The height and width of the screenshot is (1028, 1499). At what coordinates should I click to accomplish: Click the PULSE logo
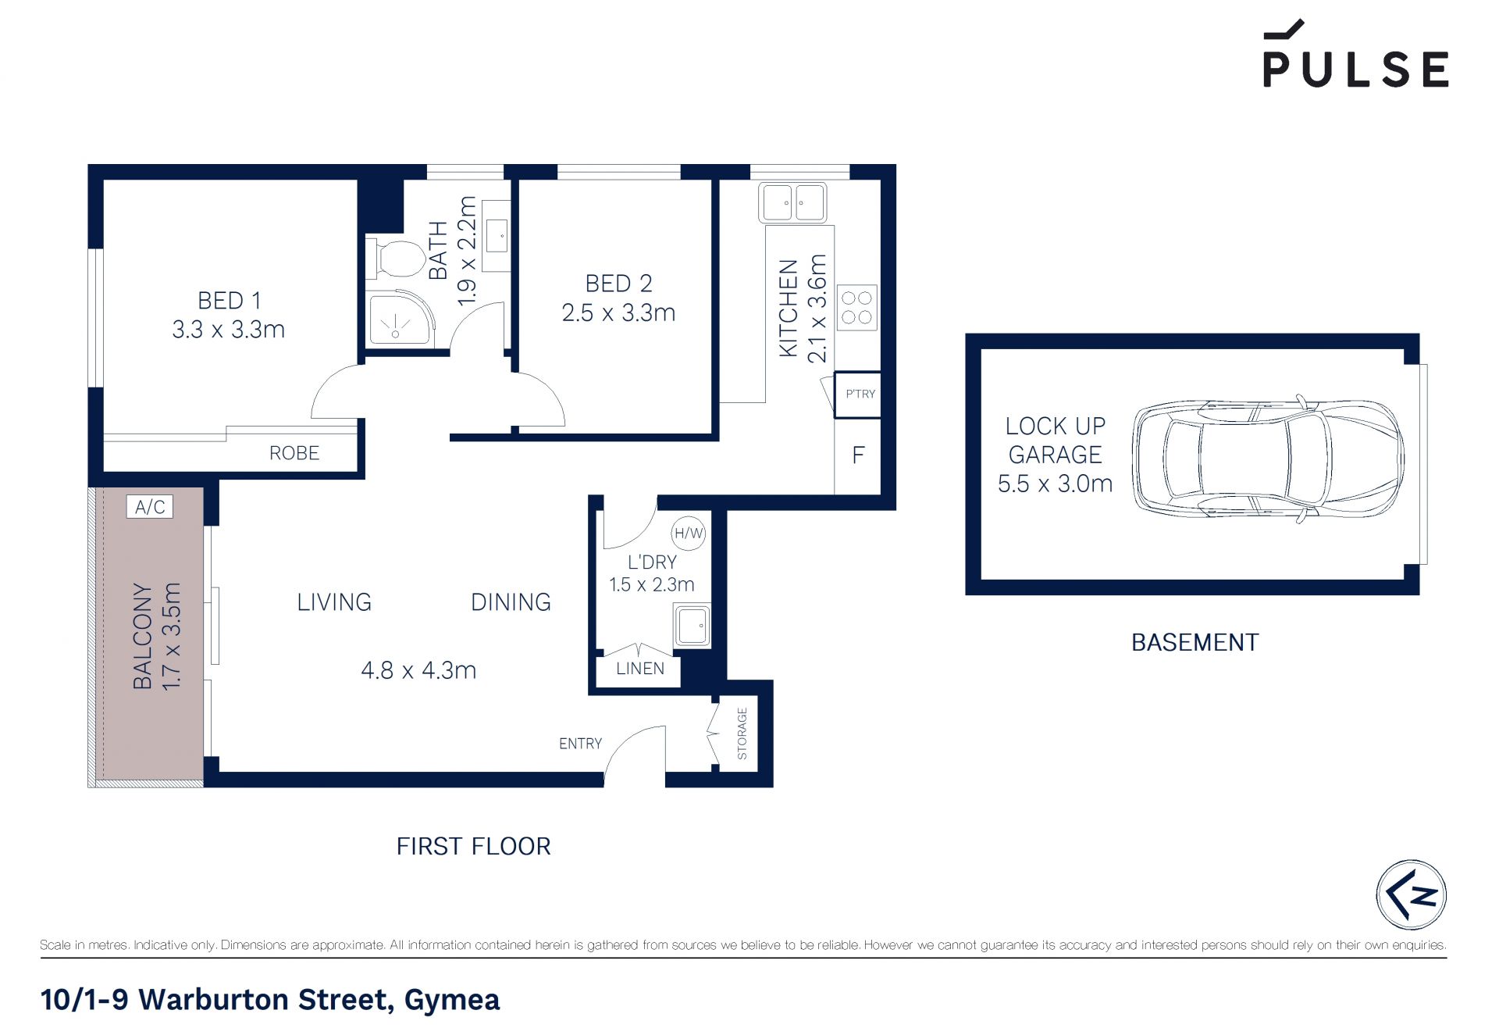1355,53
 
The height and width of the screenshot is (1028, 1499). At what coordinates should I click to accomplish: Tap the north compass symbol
1411,894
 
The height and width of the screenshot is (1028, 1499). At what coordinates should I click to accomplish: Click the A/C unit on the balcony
150,507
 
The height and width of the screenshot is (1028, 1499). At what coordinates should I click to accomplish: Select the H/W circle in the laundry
689,534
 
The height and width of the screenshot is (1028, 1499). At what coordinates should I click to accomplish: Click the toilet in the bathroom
398,259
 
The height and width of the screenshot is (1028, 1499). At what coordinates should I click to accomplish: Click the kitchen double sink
792,202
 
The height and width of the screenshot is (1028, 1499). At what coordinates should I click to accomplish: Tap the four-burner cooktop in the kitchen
856,307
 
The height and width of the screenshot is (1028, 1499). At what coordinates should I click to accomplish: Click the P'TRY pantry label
860,394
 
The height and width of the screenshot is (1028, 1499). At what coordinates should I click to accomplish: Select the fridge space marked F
858,455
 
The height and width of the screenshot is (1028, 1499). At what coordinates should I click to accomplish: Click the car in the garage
1268,459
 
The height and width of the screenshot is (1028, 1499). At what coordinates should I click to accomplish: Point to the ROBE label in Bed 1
294,453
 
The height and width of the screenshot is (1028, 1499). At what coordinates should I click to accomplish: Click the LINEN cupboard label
640,669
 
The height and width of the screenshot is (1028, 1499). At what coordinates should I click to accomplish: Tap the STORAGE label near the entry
742,734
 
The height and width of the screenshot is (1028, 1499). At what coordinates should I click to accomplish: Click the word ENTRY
580,744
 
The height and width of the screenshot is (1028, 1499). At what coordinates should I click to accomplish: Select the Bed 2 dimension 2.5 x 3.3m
618,313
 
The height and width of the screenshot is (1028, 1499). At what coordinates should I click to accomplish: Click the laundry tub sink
693,626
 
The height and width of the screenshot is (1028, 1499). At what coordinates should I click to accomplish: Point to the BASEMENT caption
1195,642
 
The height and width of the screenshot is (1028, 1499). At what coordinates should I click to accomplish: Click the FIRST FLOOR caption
474,846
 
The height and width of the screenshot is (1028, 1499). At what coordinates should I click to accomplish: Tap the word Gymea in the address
452,1000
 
